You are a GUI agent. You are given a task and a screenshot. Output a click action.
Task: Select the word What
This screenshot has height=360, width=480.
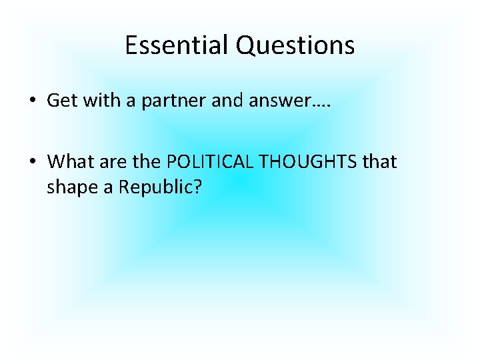click(67, 161)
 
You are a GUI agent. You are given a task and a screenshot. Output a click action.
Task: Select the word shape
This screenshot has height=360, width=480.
click(67, 187)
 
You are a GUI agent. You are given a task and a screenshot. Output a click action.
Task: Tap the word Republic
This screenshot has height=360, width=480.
click(152, 187)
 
